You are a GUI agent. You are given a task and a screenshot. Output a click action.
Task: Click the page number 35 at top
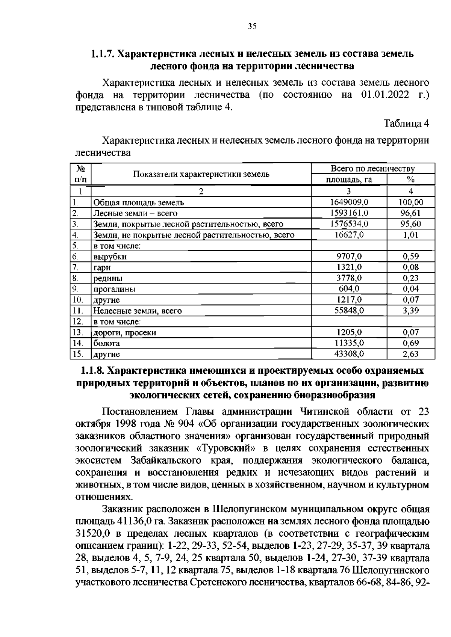click(x=252, y=26)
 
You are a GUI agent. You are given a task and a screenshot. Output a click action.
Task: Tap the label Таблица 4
click(x=406, y=123)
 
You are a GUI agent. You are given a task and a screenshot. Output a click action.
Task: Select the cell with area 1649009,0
click(x=349, y=202)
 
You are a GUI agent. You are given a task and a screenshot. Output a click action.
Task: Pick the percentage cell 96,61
click(x=411, y=213)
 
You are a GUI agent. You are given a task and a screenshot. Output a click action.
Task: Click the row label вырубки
click(x=110, y=257)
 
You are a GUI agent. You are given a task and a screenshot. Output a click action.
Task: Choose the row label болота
click(x=107, y=343)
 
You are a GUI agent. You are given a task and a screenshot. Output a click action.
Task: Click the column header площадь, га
click(x=349, y=180)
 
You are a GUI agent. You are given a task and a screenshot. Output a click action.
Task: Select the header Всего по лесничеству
click(x=372, y=169)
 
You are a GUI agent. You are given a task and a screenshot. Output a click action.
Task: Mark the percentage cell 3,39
click(x=411, y=311)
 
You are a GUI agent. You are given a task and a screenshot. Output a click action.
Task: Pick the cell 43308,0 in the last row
click(x=349, y=354)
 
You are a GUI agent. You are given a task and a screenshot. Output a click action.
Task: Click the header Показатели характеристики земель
click(x=201, y=174)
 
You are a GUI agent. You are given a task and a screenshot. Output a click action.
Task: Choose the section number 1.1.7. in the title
click(x=103, y=54)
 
